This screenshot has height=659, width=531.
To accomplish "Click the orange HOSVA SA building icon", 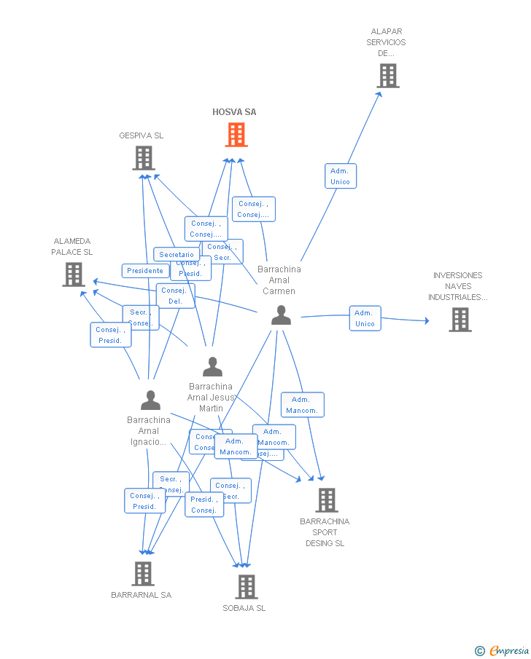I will pyautogui.click(x=236, y=135).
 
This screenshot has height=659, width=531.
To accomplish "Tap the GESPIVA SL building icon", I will pyautogui.click(x=144, y=158).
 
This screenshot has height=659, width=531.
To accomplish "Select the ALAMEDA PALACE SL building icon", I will pyautogui.click(x=74, y=275).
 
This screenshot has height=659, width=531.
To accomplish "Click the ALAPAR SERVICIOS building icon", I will pyautogui.click(x=388, y=75).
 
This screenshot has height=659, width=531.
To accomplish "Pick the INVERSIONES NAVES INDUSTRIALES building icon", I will pyautogui.click(x=460, y=320).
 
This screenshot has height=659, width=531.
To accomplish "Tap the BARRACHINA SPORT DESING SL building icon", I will pyautogui.click(x=326, y=500).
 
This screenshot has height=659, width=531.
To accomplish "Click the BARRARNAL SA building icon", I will pyautogui.click(x=143, y=573).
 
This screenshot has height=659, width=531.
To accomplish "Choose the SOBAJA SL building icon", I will pyautogui.click(x=247, y=586).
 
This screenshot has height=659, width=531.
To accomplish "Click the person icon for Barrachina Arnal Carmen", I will pyautogui.click(x=281, y=315).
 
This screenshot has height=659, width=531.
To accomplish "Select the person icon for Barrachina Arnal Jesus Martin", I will pyautogui.click(x=212, y=366).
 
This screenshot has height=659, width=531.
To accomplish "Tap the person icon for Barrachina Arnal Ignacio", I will pyautogui.click(x=150, y=400).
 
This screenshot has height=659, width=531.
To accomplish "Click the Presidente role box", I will pyautogui.click(x=145, y=271).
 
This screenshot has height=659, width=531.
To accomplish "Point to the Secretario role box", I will pyautogui.click(x=176, y=255).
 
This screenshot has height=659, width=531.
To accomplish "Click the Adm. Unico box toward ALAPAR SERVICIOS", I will pyautogui.click(x=341, y=176).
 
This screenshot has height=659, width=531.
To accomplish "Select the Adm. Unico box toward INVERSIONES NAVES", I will pyautogui.click(x=365, y=318).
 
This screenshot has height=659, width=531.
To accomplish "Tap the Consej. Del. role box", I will pyautogui.click(x=176, y=296).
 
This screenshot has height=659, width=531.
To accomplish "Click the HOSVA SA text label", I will pyautogui.click(x=234, y=112).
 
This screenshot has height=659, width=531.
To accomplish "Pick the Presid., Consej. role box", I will pyautogui.click(x=204, y=505).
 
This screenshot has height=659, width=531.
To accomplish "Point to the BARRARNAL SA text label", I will pyautogui.click(x=142, y=595).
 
